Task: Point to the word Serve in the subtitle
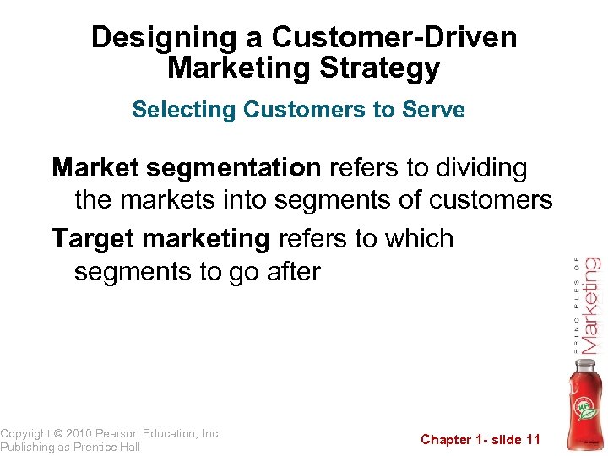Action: [x=437, y=110]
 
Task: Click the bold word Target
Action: [x=94, y=240]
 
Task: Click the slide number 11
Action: [x=532, y=439]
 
